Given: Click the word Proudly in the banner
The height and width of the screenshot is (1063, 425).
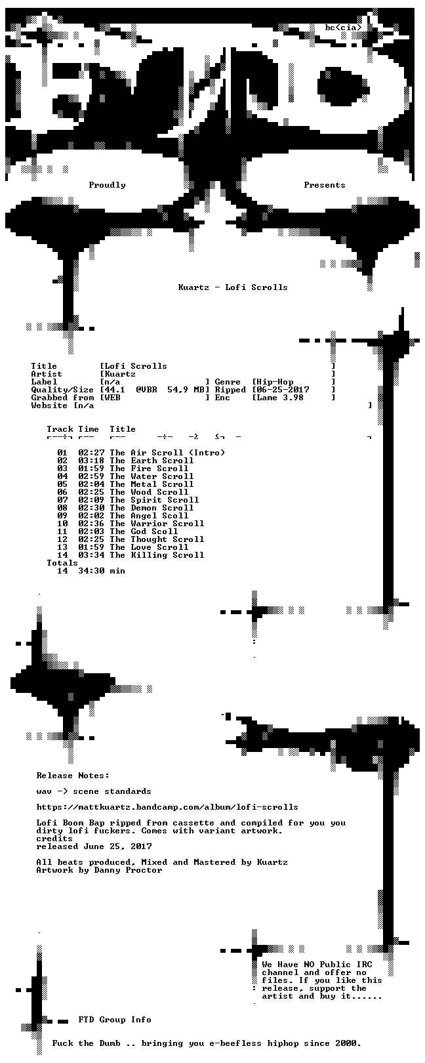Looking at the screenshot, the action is (107, 185).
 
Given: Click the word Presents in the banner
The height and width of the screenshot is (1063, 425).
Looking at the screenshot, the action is (325, 185).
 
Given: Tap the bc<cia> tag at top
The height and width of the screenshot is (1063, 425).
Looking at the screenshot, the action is (344, 28).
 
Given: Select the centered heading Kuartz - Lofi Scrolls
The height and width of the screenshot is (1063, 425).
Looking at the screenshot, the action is (233, 287).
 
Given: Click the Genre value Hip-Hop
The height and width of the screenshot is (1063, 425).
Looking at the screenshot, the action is (275, 382).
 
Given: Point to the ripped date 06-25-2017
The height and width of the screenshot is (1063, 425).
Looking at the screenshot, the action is (283, 390).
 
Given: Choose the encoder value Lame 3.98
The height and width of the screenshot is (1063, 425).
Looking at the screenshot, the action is (280, 398).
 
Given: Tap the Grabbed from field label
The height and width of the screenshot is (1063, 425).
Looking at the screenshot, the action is (62, 398).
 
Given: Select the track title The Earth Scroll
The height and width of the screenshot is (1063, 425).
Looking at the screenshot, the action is (152, 461).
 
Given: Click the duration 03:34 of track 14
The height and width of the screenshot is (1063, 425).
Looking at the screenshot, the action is (92, 555).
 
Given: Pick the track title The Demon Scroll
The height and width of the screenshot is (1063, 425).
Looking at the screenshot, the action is (152, 508).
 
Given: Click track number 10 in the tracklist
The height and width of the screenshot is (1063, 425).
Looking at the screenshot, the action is (62, 524).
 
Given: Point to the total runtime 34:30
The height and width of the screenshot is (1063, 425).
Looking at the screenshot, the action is (92, 571).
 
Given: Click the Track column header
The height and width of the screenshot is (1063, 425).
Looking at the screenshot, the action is (60, 429).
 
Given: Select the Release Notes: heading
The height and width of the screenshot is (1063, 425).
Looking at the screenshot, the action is (73, 776).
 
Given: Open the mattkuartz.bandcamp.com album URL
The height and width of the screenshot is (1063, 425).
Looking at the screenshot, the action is (167, 806).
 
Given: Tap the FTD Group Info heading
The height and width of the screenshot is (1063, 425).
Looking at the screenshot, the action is (115, 1019).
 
